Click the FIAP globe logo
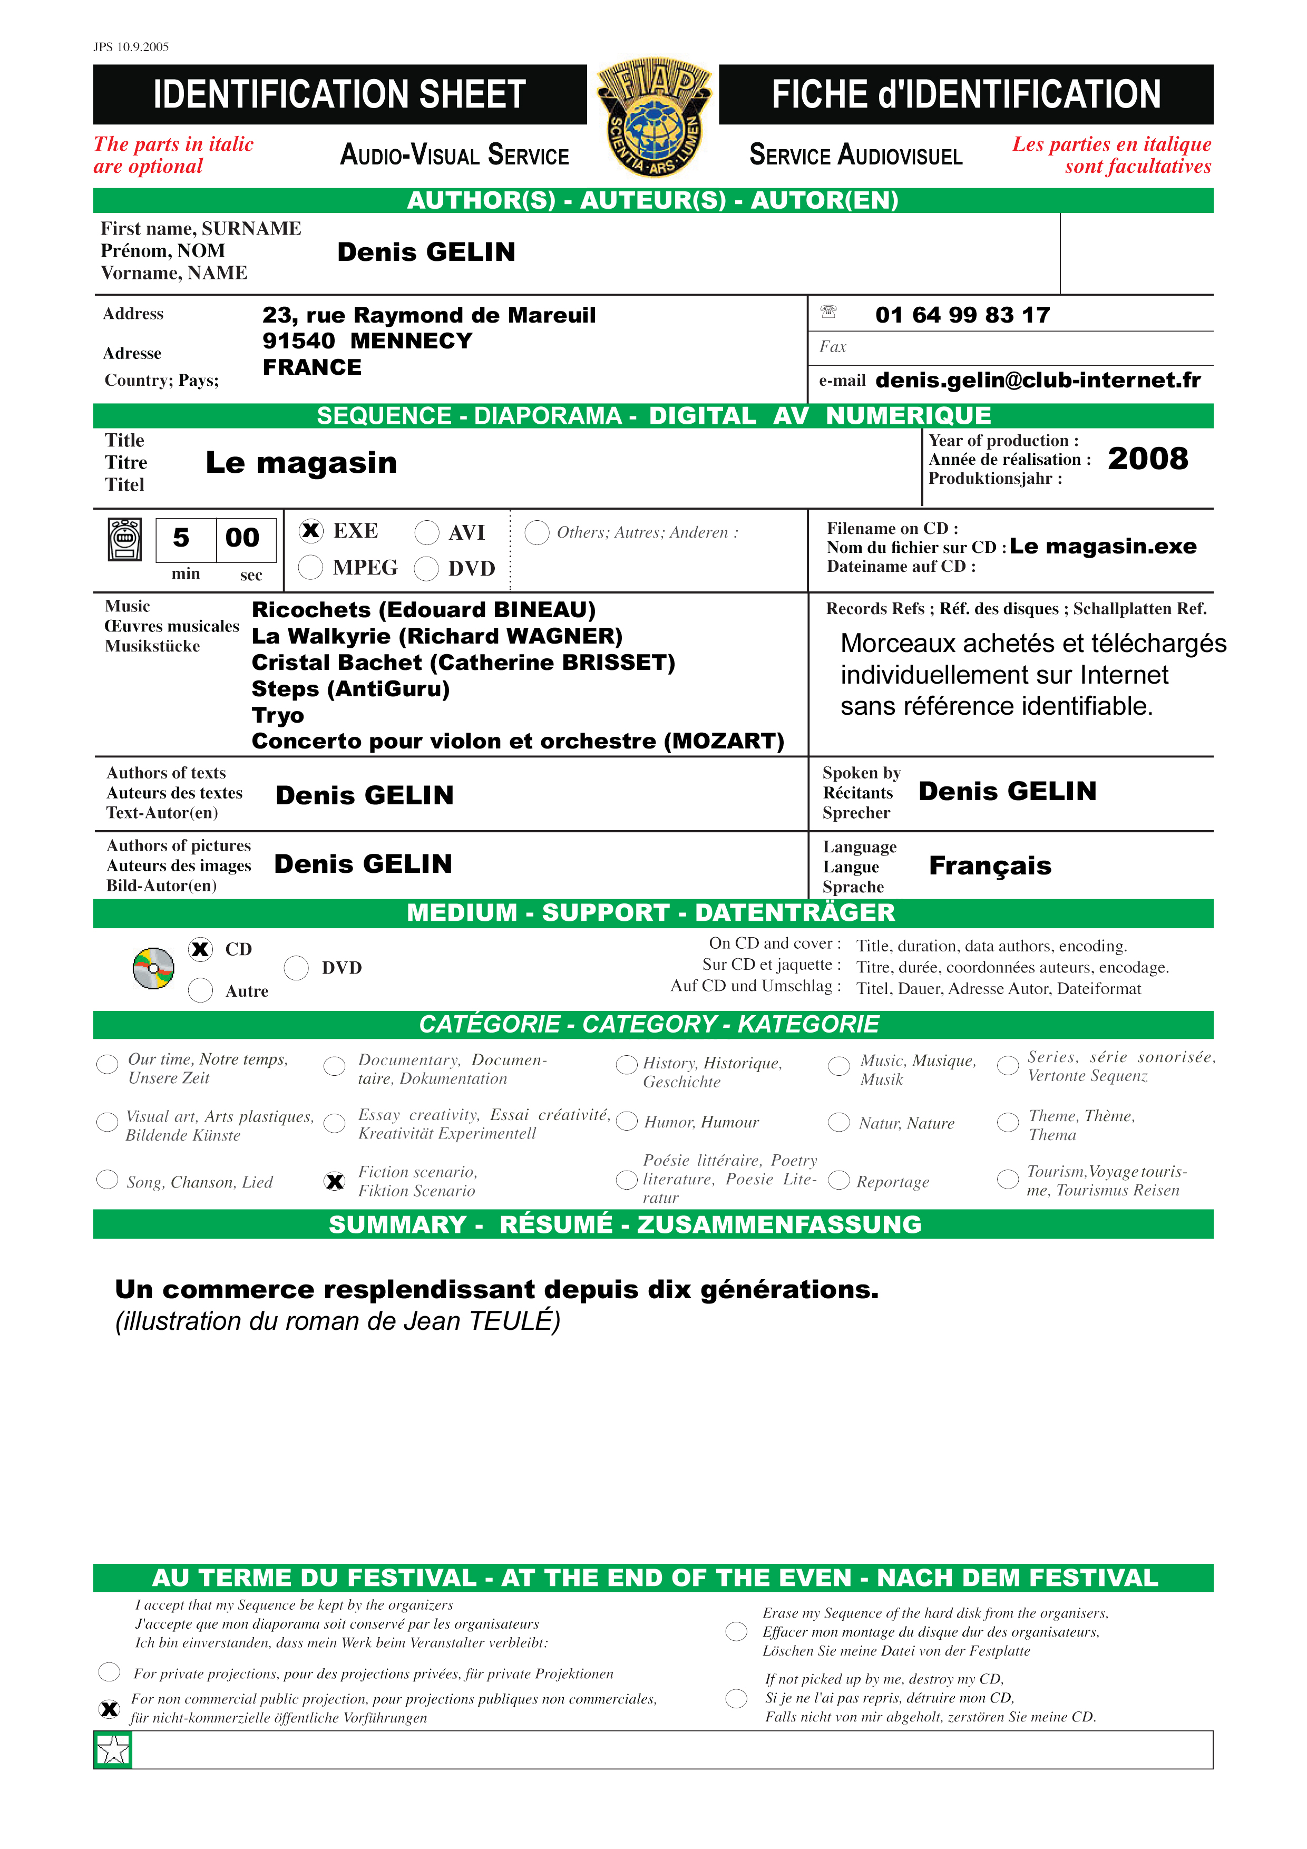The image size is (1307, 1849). coord(653,118)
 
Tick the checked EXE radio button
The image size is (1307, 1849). coord(311,531)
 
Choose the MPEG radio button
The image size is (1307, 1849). coord(311,567)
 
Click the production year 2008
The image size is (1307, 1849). coord(1147,459)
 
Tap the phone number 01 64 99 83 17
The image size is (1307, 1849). coord(962,315)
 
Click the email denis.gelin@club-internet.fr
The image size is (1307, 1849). coord(1037,380)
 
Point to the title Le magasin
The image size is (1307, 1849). coord(301,463)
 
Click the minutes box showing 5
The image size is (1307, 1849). coord(182,538)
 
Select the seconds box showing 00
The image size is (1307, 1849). coord(242,538)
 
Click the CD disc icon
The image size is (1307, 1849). coord(153,968)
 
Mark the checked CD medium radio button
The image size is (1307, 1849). coord(200,949)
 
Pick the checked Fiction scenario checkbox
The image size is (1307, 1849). coord(334,1181)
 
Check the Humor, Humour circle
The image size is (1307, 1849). coord(627,1122)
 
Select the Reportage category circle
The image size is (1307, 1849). coord(839,1181)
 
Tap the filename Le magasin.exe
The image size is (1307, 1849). coord(1103,547)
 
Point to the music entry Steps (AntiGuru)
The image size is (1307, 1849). coord(350,689)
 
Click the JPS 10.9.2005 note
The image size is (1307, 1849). coord(131,47)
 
